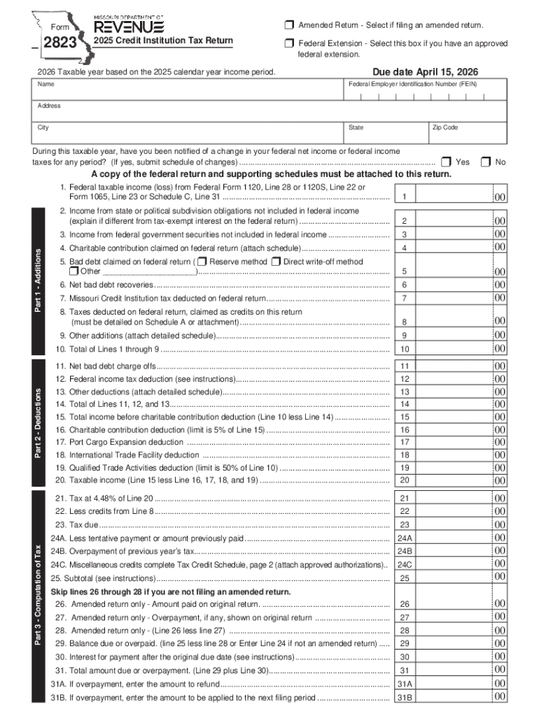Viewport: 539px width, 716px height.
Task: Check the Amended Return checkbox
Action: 288,26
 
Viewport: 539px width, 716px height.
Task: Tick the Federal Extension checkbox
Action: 288,44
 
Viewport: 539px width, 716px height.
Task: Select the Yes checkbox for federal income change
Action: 445,162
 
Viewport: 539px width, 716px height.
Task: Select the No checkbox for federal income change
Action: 485,162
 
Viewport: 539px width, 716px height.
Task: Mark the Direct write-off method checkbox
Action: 276,262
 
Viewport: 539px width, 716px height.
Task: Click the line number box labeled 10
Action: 405,349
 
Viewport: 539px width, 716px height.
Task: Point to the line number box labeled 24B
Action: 405,551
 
